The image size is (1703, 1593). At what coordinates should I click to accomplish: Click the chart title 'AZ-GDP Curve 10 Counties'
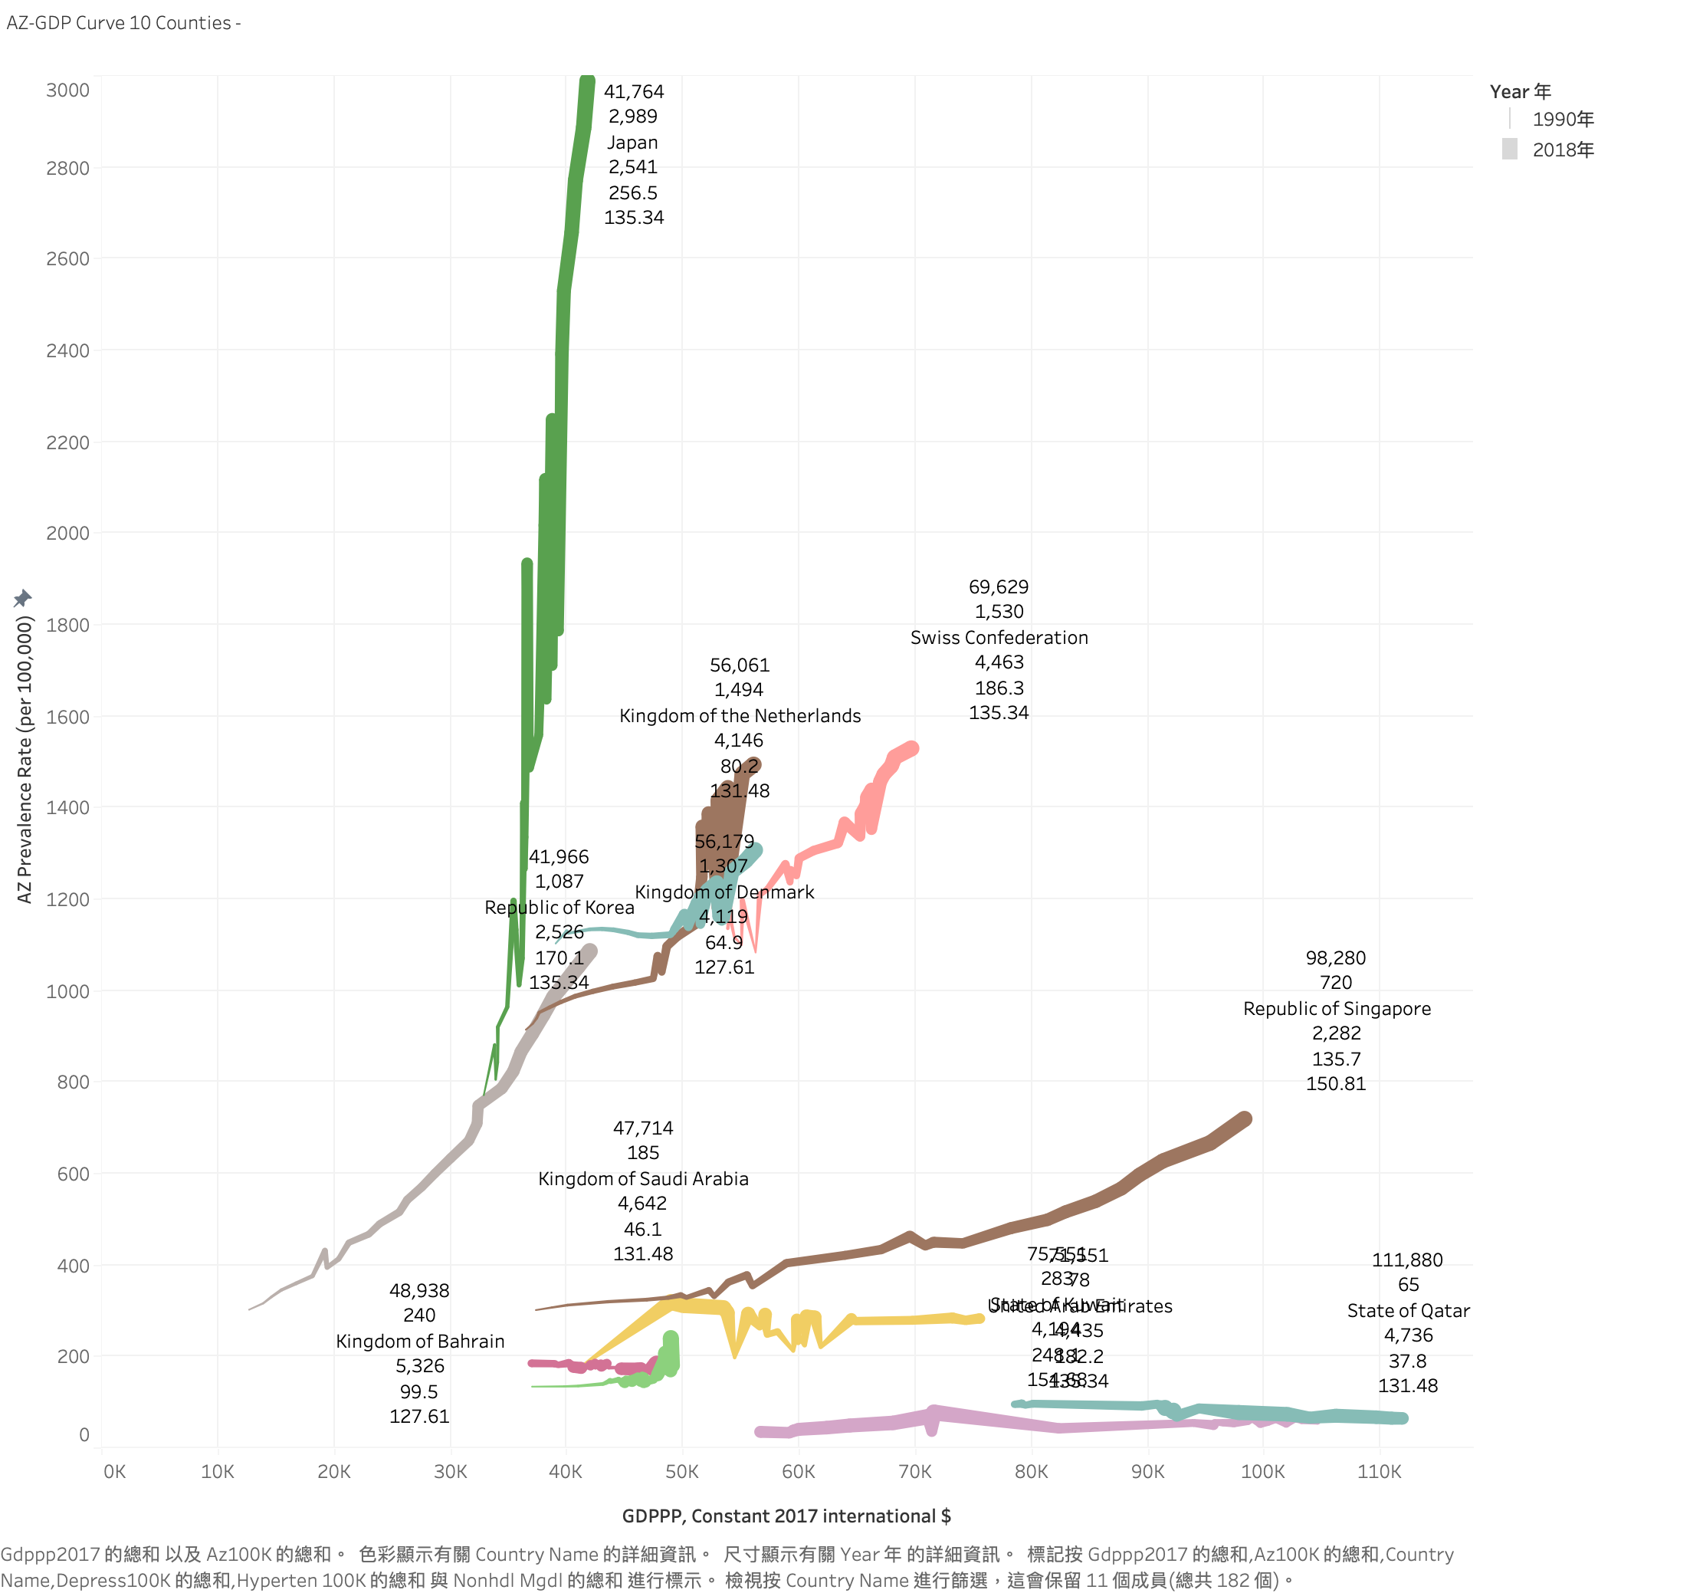click(x=119, y=23)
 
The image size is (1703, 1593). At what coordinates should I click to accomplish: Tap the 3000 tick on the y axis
click(x=67, y=90)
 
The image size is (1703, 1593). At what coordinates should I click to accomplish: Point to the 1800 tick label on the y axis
click(x=67, y=625)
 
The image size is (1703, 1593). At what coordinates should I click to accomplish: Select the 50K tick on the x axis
click(x=682, y=1471)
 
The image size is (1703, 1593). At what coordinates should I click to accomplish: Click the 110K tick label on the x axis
click(x=1380, y=1471)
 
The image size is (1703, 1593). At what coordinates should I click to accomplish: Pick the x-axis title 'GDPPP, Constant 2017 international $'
click(x=786, y=1515)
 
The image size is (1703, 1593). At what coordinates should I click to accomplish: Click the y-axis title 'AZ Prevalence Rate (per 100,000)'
click(x=25, y=759)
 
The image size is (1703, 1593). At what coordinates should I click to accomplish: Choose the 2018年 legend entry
click(x=1562, y=150)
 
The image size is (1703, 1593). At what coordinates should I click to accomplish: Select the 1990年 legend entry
click(x=1562, y=119)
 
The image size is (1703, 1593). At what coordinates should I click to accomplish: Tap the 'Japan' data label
click(x=633, y=143)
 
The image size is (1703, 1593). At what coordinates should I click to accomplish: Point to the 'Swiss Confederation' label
click(x=999, y=638)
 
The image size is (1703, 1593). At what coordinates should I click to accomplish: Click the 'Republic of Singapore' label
click(x=1337, y=1009)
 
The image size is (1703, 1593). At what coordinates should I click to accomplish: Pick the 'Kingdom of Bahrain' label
click(x=420, y=1341)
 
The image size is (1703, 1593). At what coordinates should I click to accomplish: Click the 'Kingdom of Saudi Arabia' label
click(x=642, y=1178)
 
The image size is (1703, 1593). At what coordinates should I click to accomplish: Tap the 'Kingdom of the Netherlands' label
click(x=740, y=715)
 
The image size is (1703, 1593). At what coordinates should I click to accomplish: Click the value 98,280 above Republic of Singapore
click(x=1336, y=958)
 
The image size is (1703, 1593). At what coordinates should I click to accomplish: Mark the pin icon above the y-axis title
click(x=23, y=597)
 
